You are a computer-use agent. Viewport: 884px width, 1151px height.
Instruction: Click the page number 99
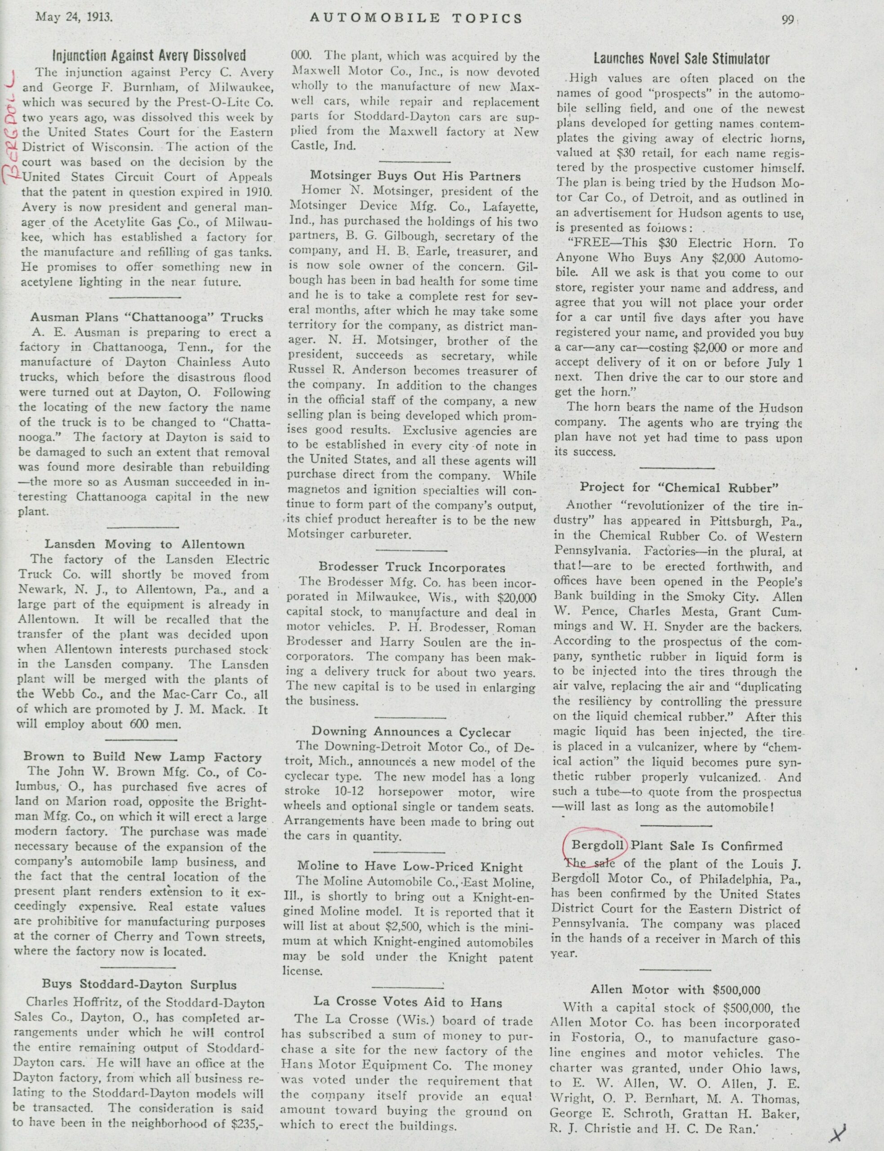[788, 19]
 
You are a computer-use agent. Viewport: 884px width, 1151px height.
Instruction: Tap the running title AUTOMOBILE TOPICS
[416, 18]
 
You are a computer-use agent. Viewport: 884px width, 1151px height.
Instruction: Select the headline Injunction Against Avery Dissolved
[149, 55]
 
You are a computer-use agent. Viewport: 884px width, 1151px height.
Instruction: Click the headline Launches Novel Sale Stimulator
[681, 58]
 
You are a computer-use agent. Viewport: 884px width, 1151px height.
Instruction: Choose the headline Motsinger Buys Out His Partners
[415, 176]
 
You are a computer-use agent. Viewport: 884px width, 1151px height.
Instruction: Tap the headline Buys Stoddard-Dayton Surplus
[139, 985]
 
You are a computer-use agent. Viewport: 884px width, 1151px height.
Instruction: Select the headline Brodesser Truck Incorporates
[412, 567]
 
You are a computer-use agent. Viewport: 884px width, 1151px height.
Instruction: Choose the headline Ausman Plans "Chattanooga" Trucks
[146, 317]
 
